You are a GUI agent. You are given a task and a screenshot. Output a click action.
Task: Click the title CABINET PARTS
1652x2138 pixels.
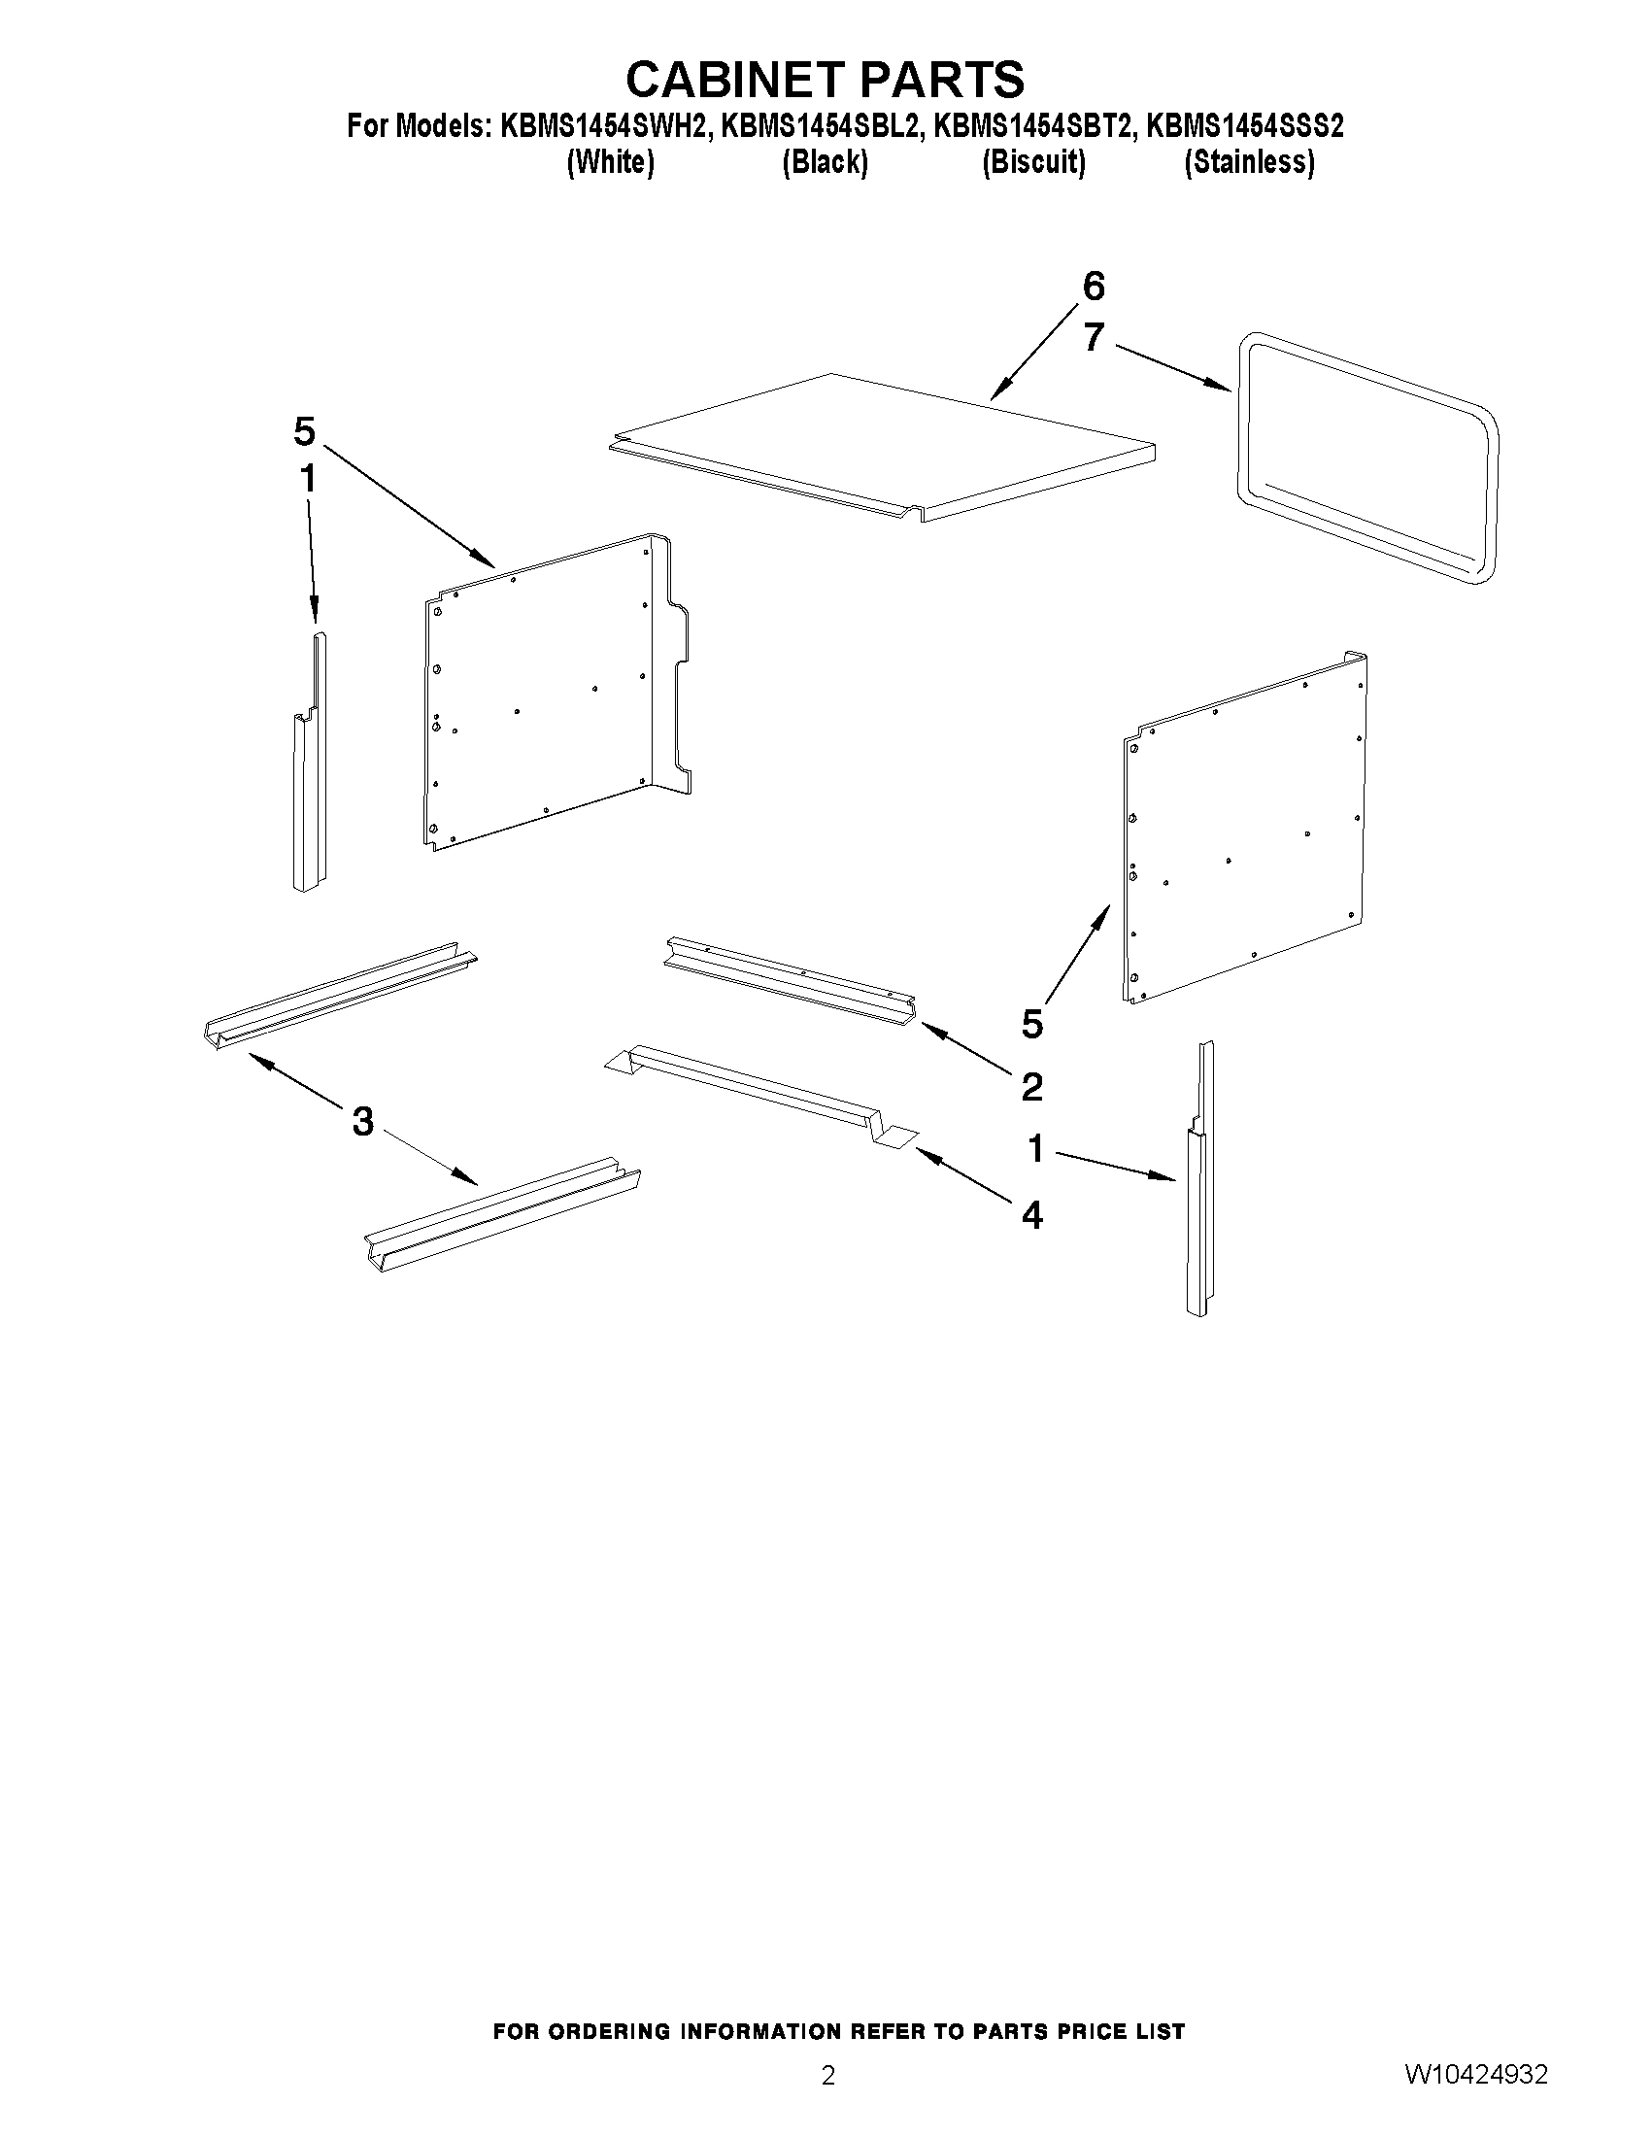[x=825, y=81]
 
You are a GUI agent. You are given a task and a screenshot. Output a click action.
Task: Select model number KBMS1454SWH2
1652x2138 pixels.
[x=603, y=126]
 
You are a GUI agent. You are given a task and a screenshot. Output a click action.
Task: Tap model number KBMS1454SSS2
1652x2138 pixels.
[x=1245, y=126]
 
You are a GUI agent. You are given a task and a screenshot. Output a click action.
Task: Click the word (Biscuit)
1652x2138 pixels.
[x=1033, y=162]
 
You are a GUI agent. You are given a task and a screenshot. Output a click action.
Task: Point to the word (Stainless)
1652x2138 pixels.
[x=1249, y=162]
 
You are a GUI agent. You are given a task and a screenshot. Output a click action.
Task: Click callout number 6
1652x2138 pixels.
[x=1094, y=287]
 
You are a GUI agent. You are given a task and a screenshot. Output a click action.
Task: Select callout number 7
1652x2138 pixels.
[x=1094, y=338]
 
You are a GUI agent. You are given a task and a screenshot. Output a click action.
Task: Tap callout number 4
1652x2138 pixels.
[x=1031, y=1216]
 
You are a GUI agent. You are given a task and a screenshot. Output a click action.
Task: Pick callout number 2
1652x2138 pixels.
[x=1031, y=1087]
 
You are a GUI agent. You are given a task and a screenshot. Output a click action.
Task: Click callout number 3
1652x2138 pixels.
[x=362, y=1122]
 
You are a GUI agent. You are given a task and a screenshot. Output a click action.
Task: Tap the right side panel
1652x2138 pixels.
[x=1243, y=832]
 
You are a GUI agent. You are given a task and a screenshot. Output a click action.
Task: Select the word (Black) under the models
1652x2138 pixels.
[x=824, y=162]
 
